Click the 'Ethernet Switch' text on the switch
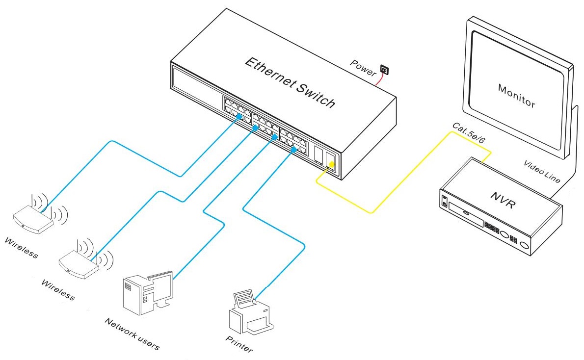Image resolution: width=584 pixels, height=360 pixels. tap(290, 83)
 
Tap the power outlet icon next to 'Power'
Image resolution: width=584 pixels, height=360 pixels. tap(384, 71)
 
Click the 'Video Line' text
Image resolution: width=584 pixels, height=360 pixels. tap(541, 171)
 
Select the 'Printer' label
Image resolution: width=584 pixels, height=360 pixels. tap(239, 345)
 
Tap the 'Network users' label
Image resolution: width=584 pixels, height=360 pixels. tap(132, 334)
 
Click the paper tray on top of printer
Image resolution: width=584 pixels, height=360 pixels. tap(244, 296)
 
